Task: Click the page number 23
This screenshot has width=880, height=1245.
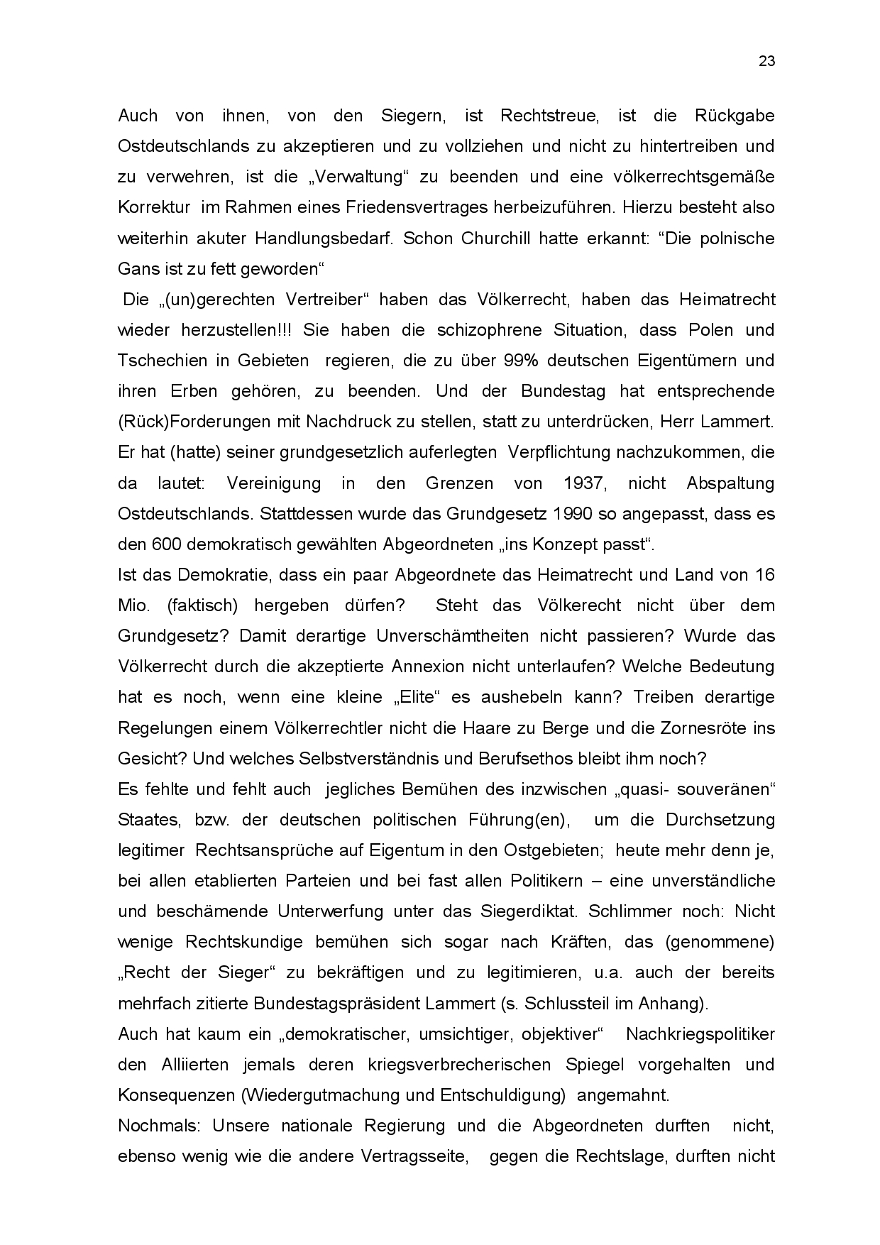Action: (x=766, y=61)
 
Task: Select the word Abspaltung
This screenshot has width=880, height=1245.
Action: (x=730, y=483)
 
